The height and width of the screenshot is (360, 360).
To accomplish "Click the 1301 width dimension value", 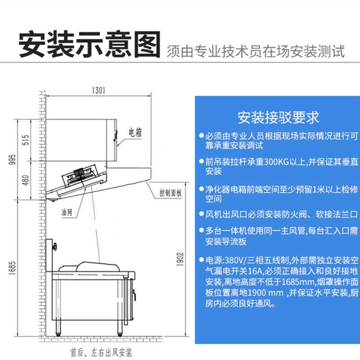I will pos(98,90).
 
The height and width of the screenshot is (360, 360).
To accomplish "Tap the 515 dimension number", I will pos(25,140).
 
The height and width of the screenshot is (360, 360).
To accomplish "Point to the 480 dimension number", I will pos(25,181).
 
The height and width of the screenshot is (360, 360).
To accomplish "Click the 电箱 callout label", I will pos(135,132).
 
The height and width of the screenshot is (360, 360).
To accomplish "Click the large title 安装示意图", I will pos(89,45).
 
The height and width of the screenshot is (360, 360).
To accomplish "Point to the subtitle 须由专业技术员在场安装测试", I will pos(256,51).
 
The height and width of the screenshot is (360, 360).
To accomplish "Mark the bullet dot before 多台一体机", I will pos(200,231).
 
